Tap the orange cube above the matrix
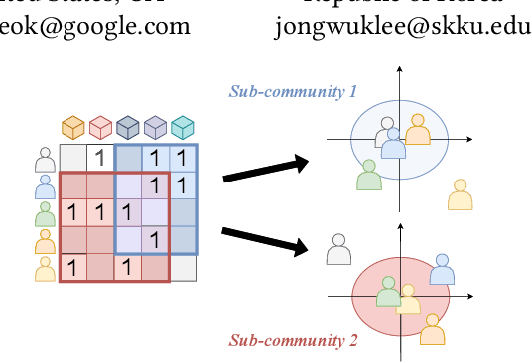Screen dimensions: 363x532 (72, 128)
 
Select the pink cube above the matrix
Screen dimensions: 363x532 (99, 128)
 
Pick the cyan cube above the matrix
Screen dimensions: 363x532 (182, 128)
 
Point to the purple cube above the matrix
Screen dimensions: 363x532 (155, 128)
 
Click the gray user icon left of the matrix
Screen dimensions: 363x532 (45, 159)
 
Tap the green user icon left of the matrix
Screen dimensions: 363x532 (45, 213)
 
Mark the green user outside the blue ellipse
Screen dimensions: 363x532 (369, 175)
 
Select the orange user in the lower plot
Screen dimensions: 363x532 (432, 328)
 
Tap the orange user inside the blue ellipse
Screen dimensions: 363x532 (418, 129)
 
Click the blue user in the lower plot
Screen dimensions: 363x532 (442, 269)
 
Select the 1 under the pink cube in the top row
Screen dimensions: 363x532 (99, 158)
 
